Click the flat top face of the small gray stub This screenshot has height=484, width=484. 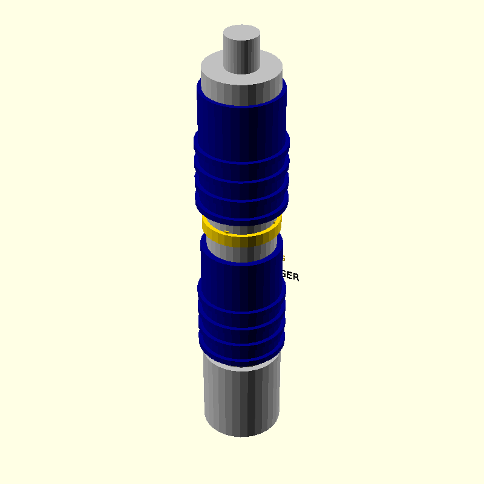[x=242, y=33]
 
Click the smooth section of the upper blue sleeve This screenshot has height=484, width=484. [x=242, y=121]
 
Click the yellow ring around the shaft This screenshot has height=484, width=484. [x=242, y=240]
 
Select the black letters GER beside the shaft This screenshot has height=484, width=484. [x=290, y=276]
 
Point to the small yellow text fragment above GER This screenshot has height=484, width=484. [x=283, y=258]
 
